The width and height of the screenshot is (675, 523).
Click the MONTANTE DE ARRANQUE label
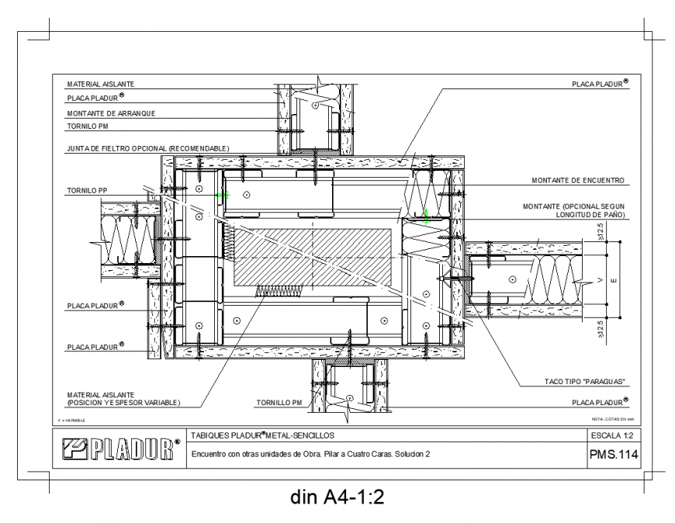(111, 113)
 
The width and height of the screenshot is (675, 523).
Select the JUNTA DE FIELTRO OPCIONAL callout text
(147, 147)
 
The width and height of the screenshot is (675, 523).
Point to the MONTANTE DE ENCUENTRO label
(578, 180)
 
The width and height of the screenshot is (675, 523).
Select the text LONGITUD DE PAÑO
(589, 214)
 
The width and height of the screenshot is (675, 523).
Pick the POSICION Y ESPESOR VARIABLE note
(123, 403)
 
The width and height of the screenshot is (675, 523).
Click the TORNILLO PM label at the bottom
(279, 403)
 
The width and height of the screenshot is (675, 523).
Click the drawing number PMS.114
(613, 456)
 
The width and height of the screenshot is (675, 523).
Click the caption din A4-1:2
(337, 498)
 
